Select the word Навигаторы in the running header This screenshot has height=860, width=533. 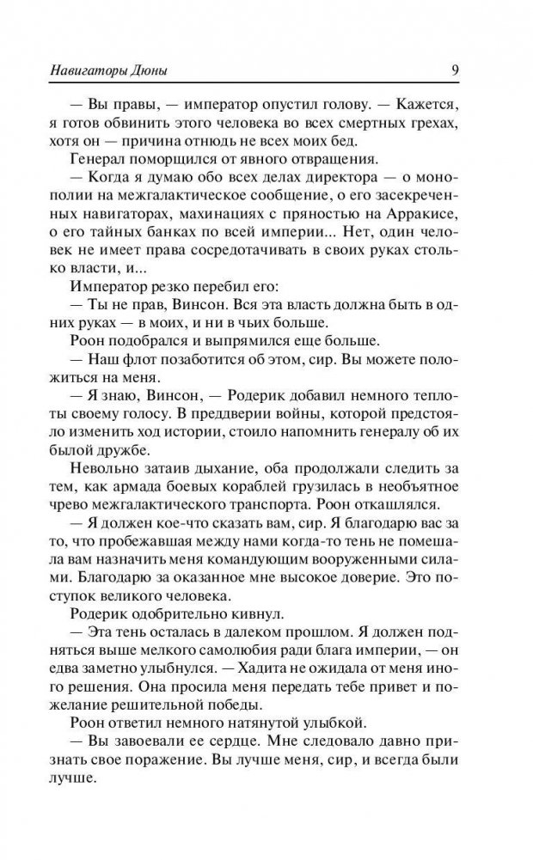(x=83, y=70)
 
